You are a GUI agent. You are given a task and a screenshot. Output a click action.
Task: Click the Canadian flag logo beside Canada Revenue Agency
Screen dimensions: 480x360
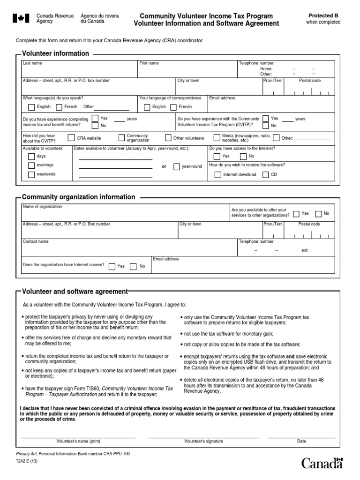click(19, 19)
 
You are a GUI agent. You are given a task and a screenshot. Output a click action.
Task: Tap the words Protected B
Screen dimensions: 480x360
click(323, 15)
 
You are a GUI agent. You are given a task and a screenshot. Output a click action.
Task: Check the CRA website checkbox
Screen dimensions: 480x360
click(71, 138)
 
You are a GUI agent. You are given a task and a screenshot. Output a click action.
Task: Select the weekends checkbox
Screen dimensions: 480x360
click(31, 174)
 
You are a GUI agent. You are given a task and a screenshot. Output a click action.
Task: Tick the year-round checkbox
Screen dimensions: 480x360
click(177, 166)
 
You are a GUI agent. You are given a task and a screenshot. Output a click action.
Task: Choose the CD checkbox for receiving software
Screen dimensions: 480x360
click(266, 175)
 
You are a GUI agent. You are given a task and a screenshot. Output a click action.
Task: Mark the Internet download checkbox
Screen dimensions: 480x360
click(217, 175)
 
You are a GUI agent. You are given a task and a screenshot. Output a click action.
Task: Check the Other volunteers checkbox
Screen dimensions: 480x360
click(168, 138)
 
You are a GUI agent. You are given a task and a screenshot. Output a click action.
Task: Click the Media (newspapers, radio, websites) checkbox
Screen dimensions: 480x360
click(217, 138)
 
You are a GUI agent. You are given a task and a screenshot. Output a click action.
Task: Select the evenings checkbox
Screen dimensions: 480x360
click(31, 165)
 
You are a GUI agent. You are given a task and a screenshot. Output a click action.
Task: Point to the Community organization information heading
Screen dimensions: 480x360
click(79, 197)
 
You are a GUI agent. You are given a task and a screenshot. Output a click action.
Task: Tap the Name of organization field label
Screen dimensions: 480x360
click(42, 207)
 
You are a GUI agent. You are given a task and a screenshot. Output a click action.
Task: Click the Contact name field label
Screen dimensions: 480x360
click(36, 242)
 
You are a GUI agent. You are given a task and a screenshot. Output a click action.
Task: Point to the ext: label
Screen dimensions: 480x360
click(305, 250)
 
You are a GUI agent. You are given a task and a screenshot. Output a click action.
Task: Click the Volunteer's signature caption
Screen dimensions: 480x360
click(203, 441)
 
